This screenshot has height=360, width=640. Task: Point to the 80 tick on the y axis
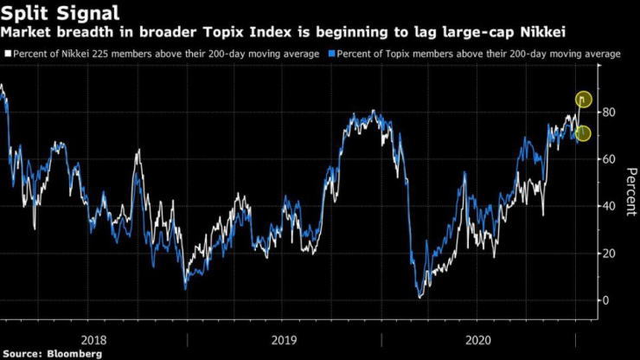pos(610,112)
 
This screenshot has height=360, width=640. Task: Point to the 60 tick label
pos(610,159)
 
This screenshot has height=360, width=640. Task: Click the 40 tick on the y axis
pos(610,206)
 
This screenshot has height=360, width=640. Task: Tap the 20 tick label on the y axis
pos(610,254)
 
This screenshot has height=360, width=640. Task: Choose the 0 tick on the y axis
pos(606,300)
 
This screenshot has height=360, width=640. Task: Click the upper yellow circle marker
pos(583,100)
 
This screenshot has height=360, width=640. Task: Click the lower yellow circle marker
pos(583,132)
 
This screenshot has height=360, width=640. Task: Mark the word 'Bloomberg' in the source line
pos(73,353)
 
